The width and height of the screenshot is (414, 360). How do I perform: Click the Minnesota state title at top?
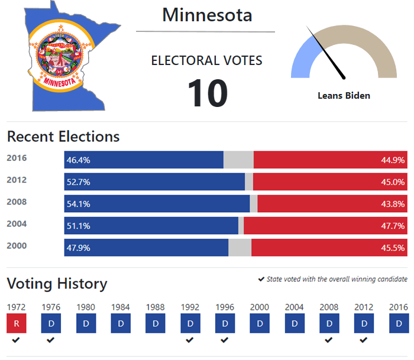[207, 15]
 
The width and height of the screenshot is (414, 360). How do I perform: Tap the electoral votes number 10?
[208, 93]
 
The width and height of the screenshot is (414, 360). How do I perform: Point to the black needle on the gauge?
[326, 53]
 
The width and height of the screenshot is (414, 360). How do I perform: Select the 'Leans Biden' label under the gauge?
[344, 95]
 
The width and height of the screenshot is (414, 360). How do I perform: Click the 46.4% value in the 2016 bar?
[78, 160]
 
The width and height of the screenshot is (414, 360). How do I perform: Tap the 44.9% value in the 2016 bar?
[393, 160]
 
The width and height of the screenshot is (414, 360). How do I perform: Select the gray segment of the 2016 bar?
[238, 160]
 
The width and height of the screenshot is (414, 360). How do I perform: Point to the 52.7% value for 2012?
[78, 182]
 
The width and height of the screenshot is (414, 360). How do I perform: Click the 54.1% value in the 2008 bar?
[78, 204]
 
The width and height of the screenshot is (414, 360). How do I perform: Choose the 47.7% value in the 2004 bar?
[393, 226]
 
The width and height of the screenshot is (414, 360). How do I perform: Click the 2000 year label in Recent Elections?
[17, 246]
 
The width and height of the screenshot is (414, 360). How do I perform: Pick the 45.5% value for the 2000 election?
[393, 248]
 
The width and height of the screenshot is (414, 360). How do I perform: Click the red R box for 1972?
[16, 324]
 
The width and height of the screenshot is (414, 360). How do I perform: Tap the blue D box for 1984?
[121, 324]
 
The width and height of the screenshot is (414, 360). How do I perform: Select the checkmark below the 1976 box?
[51, 340]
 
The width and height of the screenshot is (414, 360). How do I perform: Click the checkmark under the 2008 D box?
[329, 340]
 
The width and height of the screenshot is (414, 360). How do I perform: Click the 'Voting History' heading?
[57, 284]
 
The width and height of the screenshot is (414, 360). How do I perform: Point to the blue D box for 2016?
[399, 324]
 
